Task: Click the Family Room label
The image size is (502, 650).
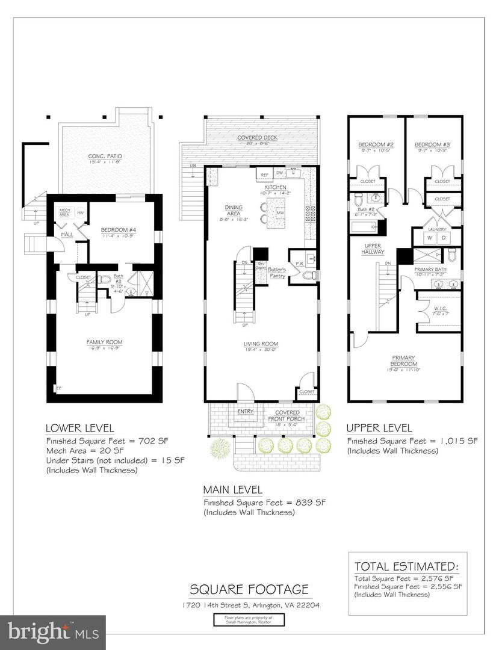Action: [105, 342]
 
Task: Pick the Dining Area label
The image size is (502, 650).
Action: [234, 210]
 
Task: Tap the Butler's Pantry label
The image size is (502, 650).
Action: [277, 273]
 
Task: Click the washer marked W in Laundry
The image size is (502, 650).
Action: [430, 238]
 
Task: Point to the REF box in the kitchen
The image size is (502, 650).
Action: [264, 176]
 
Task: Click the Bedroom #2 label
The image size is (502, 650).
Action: [376, 145]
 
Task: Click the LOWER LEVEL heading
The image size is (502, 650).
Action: [80, 429]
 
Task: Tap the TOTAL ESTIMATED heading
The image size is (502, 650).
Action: [406, 566]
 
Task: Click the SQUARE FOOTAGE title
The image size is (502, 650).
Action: [249, 588]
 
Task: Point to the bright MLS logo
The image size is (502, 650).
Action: [53, 632]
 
